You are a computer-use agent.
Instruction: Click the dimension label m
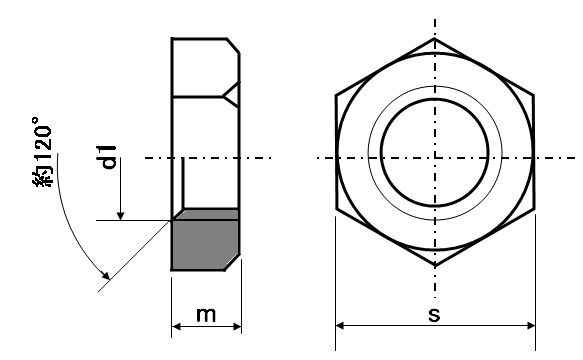coord(206,315)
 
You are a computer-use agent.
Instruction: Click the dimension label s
coord(434,315)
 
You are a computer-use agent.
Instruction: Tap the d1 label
coord(109,158)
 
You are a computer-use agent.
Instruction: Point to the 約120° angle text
coord(42,152)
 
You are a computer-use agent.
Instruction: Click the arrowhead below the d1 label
coord(120,216)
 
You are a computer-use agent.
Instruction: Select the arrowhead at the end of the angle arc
coord(106,275)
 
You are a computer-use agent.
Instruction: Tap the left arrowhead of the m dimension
coord(176,327)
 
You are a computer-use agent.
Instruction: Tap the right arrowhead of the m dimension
coord(237,327)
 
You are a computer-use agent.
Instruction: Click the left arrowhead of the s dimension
coord(340,326)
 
